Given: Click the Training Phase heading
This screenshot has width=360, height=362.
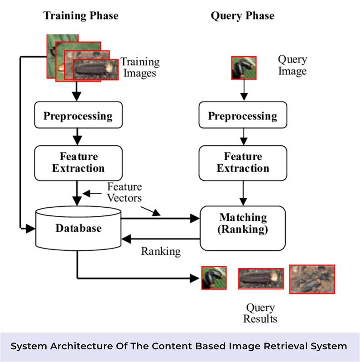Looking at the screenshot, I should tap(81, 16).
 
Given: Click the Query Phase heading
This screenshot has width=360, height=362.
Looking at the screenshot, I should tap(242, 16).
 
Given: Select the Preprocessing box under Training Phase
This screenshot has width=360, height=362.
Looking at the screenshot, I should tap(78, 116).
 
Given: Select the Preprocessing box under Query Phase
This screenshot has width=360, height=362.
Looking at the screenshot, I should tap(242, 116).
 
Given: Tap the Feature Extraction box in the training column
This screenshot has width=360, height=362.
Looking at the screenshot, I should tap(78, 162).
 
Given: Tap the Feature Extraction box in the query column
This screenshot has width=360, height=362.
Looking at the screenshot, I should tap(242, 162).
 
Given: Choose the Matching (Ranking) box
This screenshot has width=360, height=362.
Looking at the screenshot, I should tap(242, 223).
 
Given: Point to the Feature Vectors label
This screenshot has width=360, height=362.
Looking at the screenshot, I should tap(124, 192).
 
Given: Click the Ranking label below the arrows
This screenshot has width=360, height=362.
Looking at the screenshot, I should tap(161, 251).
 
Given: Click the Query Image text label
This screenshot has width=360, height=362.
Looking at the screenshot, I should tap(292, 65).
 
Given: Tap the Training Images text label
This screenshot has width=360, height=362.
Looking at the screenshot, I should tap(139, 67).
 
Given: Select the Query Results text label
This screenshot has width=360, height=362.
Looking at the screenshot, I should tap(260, 313).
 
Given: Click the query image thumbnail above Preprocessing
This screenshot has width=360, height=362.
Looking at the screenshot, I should tap(244, 68).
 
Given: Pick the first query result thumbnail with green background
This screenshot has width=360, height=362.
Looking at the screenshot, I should tap(213, 277).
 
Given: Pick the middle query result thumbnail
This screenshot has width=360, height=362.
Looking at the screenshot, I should tap(261, 278).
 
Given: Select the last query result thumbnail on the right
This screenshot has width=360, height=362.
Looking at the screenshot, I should tap(312, 279).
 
